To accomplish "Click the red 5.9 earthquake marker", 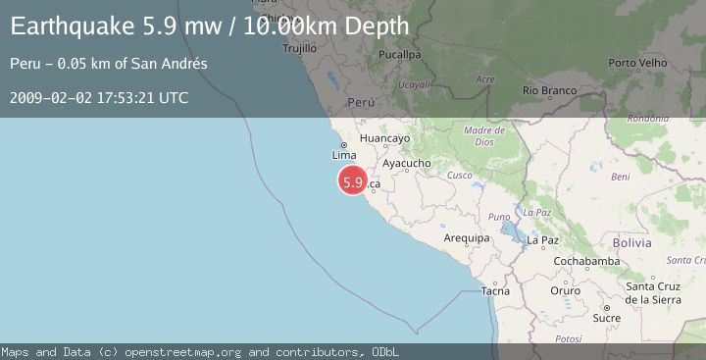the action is pos(353,181).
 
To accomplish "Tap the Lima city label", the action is pos(343,155).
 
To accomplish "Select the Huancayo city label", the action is pos(384,138).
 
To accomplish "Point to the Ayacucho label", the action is pos(407,163).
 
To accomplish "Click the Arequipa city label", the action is pos(466,238).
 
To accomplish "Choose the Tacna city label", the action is pos(495,291).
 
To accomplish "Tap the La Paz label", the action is pos(542,239).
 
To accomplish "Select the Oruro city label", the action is pos(565,291).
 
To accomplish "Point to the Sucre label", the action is pos(607,318).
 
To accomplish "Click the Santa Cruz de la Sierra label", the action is pos(653,291).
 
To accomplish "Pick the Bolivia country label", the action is pos(631,242).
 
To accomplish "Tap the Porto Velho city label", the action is pos(637,63).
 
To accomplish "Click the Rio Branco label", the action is pos(548,90).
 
